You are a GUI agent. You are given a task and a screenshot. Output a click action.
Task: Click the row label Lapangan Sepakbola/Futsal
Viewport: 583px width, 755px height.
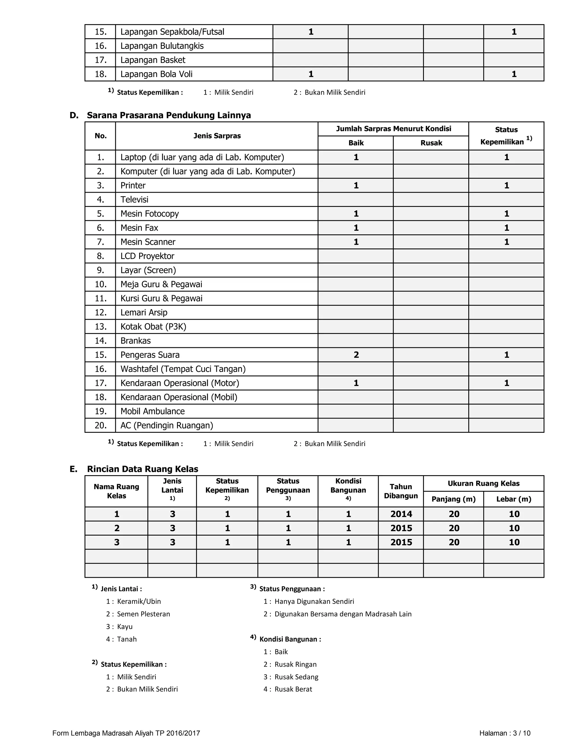pos(172,32)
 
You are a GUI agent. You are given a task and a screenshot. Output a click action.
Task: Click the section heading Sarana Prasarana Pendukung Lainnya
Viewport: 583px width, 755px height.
pos(169,115)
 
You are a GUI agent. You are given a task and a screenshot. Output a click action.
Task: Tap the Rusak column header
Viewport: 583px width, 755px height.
pos(431,143)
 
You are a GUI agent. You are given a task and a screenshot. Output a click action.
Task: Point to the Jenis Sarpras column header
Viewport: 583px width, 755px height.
pos(217,136)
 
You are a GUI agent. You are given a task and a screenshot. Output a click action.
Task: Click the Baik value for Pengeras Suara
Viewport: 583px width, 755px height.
pos(356,355)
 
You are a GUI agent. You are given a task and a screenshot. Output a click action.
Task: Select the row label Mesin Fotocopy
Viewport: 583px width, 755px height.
pos(149,214)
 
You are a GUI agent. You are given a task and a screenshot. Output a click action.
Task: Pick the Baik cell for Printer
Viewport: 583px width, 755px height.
pos(356,185)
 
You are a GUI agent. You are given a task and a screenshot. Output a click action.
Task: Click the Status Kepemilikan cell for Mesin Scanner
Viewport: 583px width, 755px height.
pos(506,242)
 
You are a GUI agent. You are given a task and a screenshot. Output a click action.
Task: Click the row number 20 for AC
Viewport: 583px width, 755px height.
pos(100,425)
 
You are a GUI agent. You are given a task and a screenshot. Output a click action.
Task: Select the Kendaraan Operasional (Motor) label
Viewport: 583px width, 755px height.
pos(180,383)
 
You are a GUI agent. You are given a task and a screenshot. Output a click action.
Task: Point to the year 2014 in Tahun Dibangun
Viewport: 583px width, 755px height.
pos(401,514)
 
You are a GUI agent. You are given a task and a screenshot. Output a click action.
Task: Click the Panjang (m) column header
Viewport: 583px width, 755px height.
pos(453,499)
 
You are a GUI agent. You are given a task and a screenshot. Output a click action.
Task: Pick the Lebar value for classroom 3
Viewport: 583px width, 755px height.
pos(514,542)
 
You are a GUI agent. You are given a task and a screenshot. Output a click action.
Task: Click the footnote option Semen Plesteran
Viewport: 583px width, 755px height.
pos(143,614)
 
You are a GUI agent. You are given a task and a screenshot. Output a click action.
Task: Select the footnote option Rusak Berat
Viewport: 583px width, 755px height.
pos(293,689)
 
